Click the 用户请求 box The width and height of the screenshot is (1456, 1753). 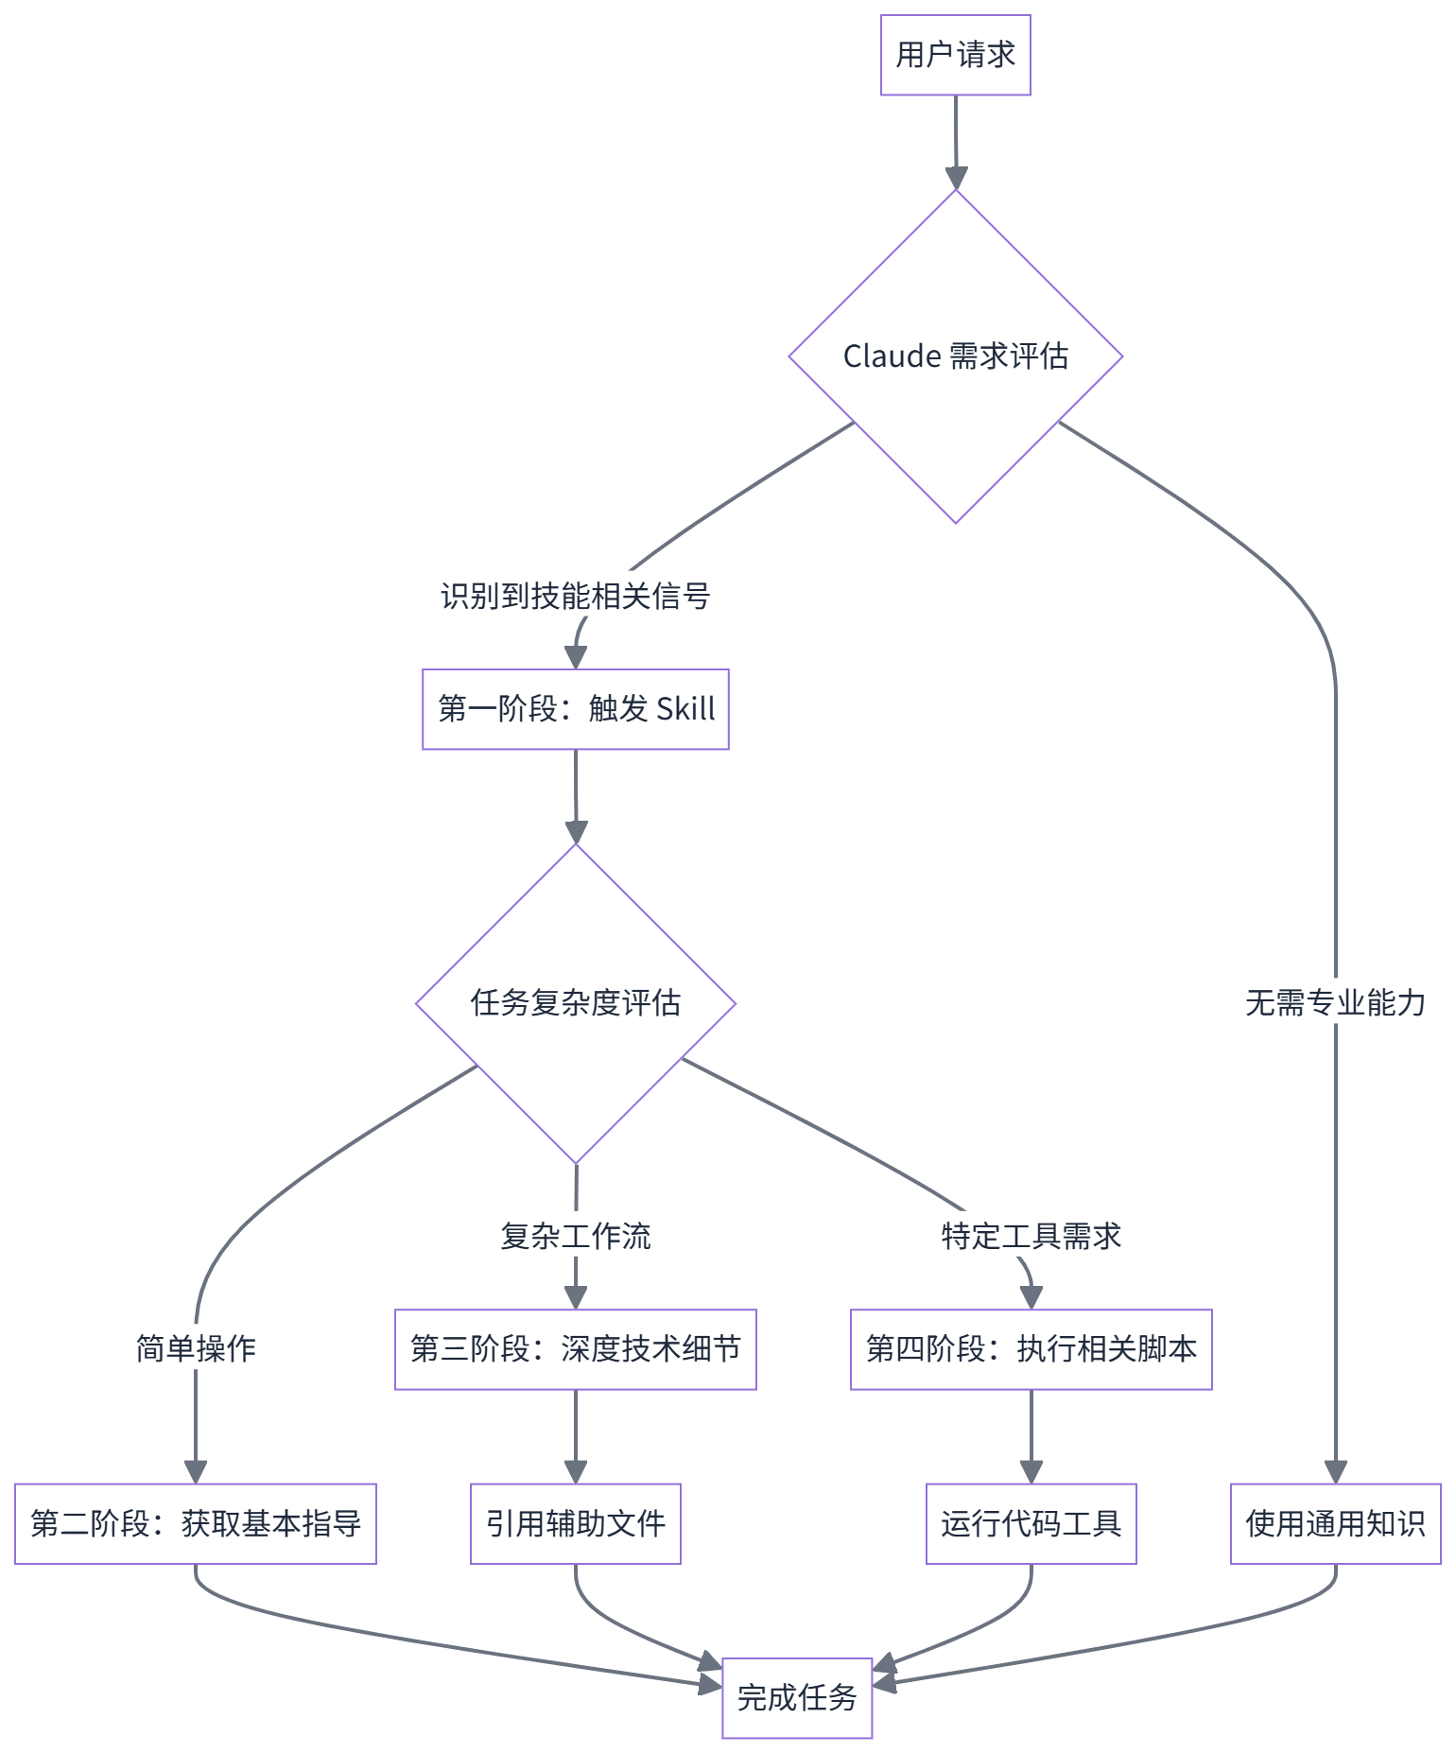[955, 55]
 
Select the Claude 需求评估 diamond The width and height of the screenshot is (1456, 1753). [955, 356]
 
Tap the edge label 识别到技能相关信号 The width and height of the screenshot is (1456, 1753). [575, 596]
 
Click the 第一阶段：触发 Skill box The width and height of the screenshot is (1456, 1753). [575, 709]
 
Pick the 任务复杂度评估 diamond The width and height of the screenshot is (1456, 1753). [575, 1002]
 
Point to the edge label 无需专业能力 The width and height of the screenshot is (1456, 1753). [1335, 1002]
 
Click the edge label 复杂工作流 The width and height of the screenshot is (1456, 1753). [575, 1236]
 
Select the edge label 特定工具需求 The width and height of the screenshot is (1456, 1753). [1031, 1236]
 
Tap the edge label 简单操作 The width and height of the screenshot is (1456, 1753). [196, 1348]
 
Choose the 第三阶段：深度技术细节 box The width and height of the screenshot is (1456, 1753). [575, 1349]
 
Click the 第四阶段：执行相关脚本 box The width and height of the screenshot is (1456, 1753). [1031, 1349]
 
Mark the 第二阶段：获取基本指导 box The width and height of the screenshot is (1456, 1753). [196, 1523]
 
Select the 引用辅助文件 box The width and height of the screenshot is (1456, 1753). [575, 1523]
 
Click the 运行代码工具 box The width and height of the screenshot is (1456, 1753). [1031, 1523]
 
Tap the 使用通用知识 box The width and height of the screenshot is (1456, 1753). [1335, 1523]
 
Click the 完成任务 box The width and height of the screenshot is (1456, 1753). [797, 1697]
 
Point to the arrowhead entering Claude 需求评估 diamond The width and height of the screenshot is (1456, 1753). [956, 178]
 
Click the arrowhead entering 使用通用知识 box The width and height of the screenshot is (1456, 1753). [1335, 1472]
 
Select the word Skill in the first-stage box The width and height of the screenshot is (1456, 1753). [685, 709]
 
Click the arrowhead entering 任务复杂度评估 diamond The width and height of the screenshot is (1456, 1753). [576, 832]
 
